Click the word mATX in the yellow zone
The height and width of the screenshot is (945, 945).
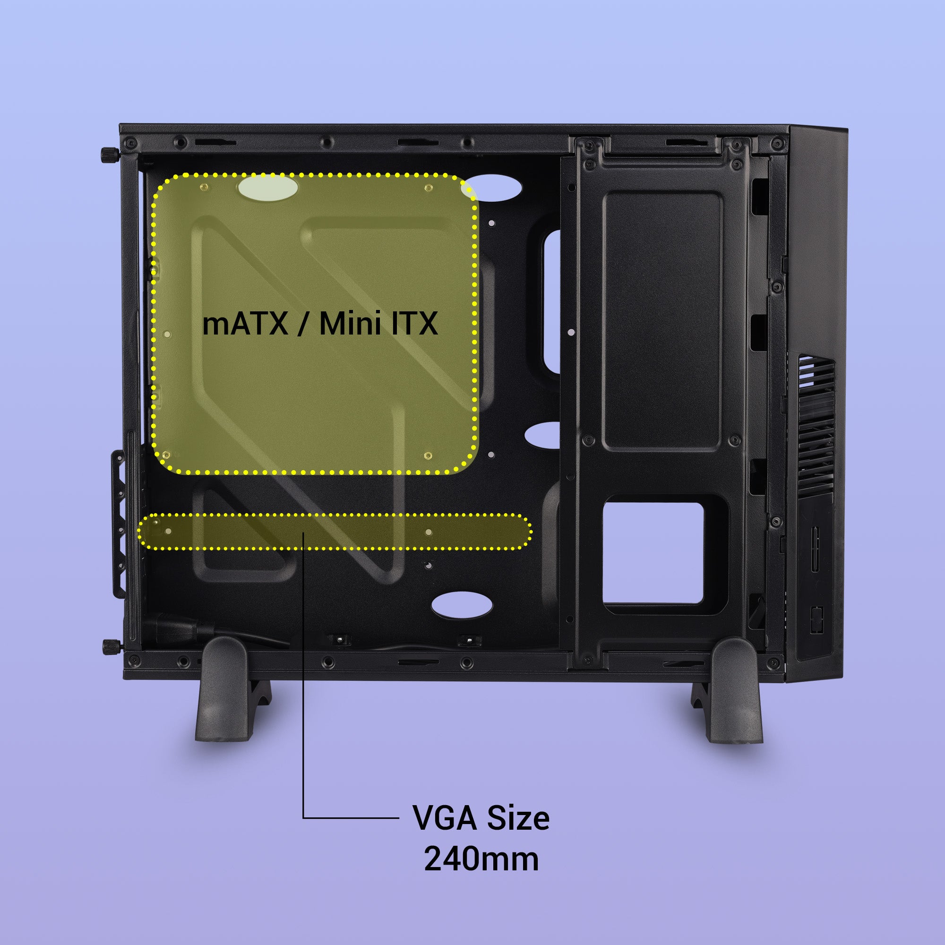tap(245, 323)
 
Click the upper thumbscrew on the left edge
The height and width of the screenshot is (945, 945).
tap(111, 156)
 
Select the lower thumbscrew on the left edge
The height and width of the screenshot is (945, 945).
tap(112, 647)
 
